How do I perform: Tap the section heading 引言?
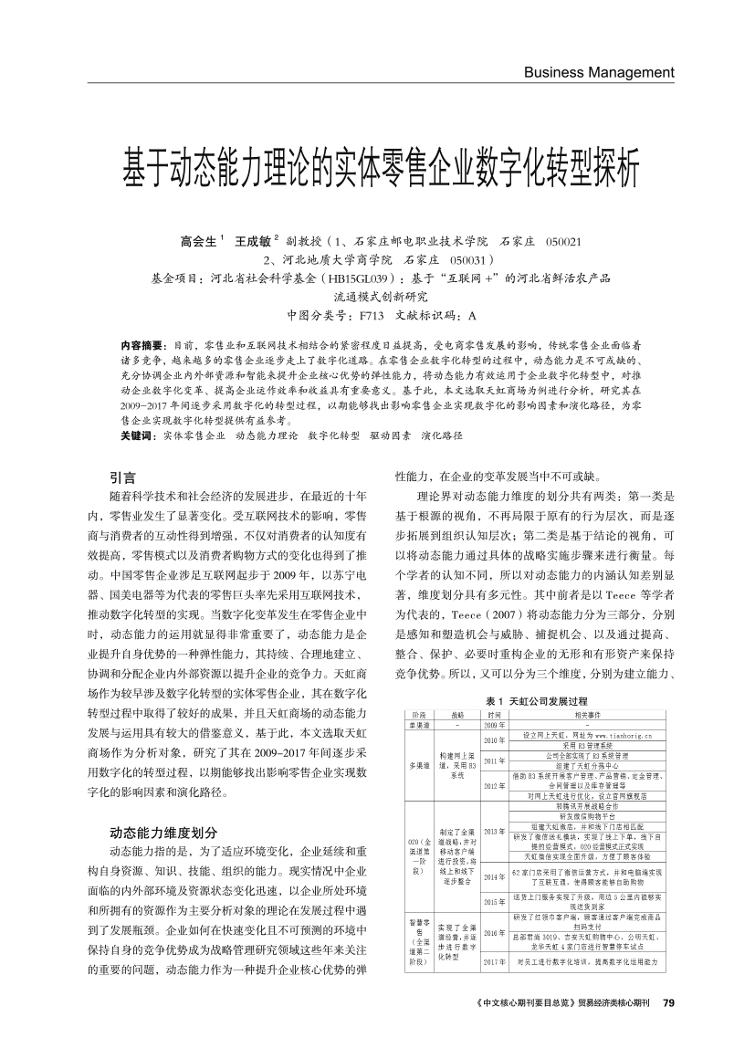(x=123, y=477)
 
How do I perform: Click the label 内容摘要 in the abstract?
(x=142, y=345)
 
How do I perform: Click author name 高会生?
(x=200, y=241)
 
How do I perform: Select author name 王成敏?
(x=254, y=241)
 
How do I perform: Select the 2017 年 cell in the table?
(x=495, y=961)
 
